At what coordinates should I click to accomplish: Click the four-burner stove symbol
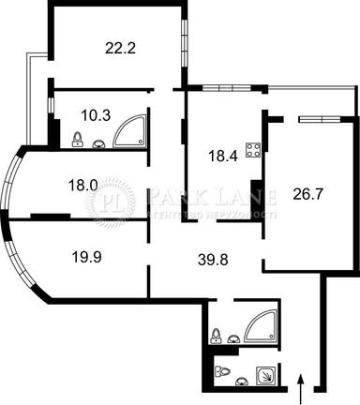tap(252, 148)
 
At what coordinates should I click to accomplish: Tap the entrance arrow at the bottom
tap(299, 385)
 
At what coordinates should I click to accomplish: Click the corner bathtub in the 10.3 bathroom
tap(129, 133)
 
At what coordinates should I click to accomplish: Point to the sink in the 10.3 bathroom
tap(99, 143)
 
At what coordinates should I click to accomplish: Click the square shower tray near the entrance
tap(266, 373)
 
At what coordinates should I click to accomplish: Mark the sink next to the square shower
tap(243, 379)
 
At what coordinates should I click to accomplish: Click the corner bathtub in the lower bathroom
tap(260, 326)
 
